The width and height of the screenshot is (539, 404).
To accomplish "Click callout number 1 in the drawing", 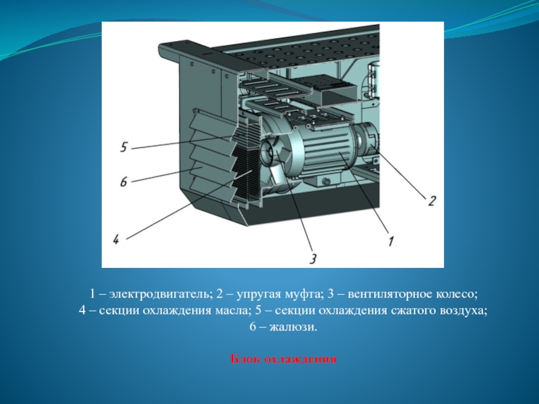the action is pos(391,241).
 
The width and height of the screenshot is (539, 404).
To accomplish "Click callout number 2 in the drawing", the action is pos(432,201).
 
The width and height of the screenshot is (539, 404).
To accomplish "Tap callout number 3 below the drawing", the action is pos(313,259).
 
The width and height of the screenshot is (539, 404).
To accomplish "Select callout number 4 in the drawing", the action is pos(116,239).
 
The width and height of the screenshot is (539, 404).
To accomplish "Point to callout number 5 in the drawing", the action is pos(124,147).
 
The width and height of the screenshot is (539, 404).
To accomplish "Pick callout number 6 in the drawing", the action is pos(123,181).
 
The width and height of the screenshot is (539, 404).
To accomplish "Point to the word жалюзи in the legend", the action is pos(293,327).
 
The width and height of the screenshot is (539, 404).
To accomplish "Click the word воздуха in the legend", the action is pos(464,311).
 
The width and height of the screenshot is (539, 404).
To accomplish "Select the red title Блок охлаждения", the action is pos(284,359).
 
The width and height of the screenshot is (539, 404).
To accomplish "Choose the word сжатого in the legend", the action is pos(414,310).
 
